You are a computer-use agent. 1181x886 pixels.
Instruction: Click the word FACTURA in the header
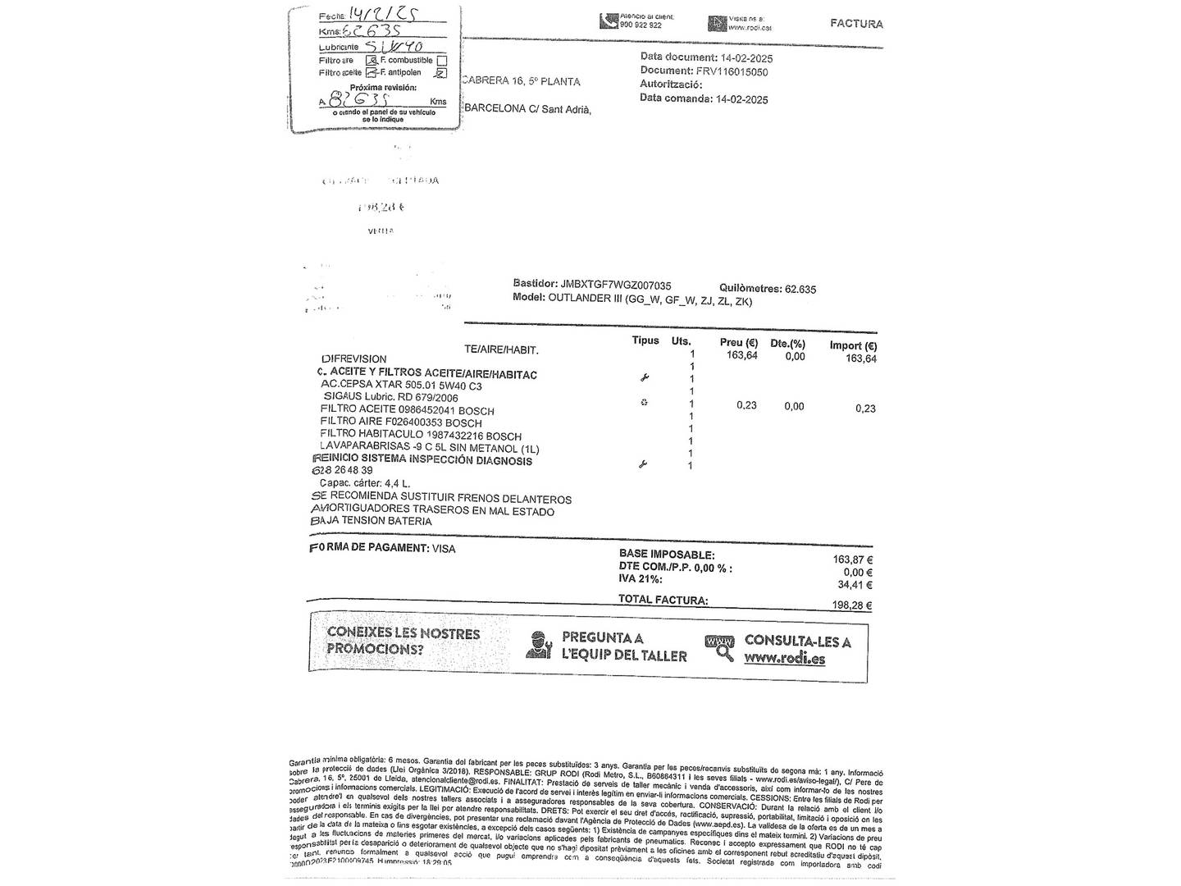point(856,24)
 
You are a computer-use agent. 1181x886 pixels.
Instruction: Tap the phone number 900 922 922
point(641,25)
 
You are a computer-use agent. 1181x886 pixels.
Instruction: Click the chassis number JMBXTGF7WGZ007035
point(616,285)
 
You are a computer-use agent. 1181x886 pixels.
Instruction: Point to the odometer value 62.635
point(800,289)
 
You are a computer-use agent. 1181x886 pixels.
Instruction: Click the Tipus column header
point(645,340)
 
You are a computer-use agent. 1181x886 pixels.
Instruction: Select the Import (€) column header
point(853,345)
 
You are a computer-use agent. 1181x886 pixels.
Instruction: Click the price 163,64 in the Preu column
point(741,355)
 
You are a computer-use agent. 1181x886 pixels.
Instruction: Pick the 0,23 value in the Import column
point(864,409)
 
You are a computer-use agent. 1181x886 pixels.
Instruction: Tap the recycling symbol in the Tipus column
point(644,402)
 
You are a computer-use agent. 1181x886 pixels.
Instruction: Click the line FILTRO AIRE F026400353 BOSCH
point(401,422)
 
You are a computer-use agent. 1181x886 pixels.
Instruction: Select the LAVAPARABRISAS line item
point(429,448)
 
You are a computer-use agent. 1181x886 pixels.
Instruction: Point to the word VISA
point(444,549)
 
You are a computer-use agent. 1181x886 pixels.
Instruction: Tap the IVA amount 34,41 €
point(855,585)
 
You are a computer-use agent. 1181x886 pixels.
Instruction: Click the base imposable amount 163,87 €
point(853,559)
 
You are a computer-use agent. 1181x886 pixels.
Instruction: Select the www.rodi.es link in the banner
point(784,659)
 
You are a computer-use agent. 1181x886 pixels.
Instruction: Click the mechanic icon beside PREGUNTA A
point(539,646)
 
